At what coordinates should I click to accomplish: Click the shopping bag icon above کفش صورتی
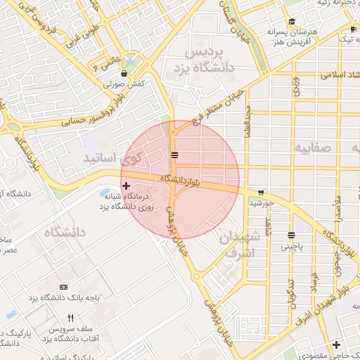[124, 72]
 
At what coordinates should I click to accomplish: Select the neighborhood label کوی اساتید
[112, 156]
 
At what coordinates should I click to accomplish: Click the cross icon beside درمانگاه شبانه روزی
[126, 186]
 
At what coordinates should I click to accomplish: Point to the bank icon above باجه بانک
[64, 287]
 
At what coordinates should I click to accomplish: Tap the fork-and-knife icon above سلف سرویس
[70, 319]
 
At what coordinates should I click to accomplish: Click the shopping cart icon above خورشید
[261, 192]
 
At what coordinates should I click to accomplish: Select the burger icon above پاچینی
[290, 236]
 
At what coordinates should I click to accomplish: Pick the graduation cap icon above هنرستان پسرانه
[292, 22]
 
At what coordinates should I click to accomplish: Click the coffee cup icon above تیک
[352, 29]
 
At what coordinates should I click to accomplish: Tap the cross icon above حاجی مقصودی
[337, 345]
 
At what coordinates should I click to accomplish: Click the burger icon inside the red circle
[174, 155]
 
